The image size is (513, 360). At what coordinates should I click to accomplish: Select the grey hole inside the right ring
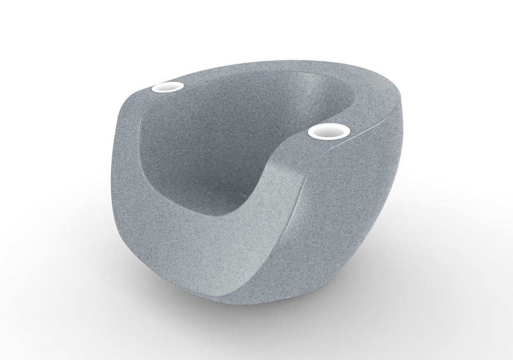tap(329, 132)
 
